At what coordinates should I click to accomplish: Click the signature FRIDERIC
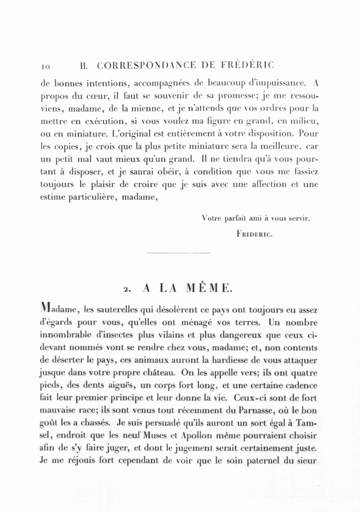254,234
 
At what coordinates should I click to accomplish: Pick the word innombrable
66,335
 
